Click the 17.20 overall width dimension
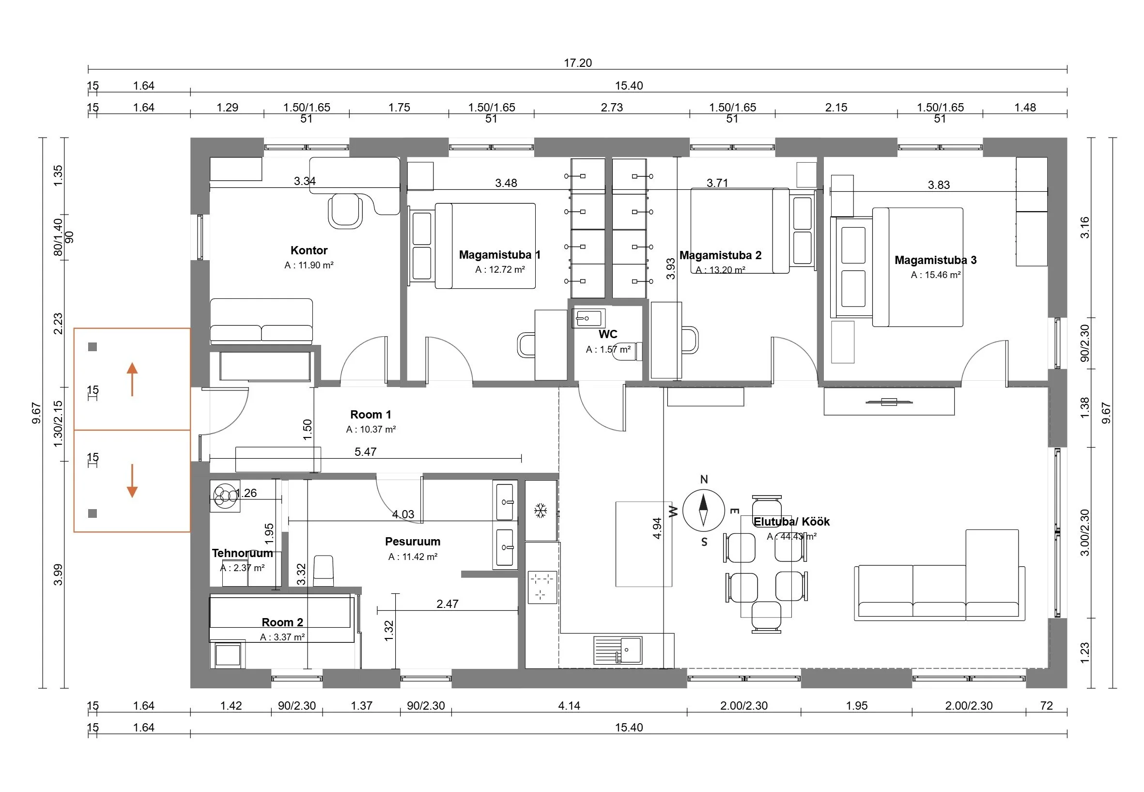577,63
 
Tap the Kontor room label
309,250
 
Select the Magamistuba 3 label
935,260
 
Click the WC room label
608,334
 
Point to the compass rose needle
703,510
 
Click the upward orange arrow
132,379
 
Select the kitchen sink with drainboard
618,650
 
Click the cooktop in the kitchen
542,587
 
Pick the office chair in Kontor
345,210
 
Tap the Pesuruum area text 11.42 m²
413,557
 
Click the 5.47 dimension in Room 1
365,451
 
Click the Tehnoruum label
242,553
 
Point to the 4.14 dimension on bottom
569,705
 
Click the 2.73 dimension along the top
611,107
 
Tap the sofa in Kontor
262,322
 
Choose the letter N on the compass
703,480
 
